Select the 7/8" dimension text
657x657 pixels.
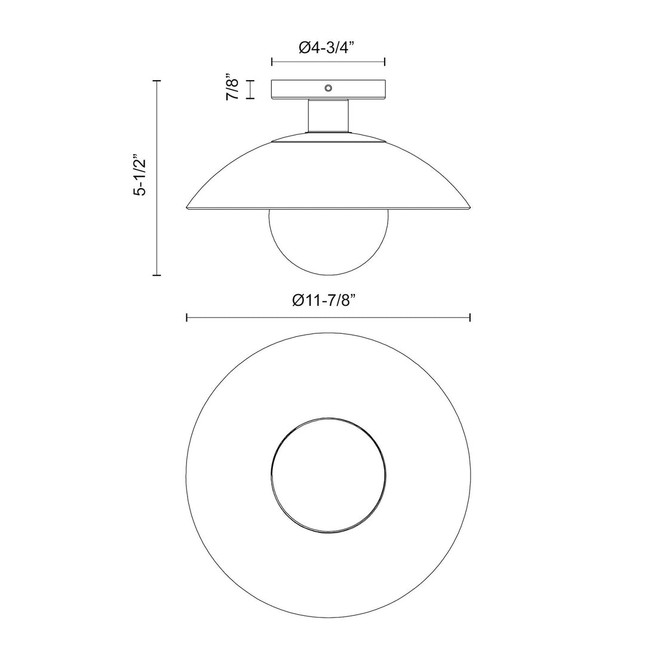[x=233, y=88]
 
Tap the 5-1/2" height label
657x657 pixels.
[x=139, y=177]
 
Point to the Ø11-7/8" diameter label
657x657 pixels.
[x=328, y=302]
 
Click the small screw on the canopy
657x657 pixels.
[x=327, y=88]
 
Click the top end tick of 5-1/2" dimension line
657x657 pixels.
[x=157, y=80]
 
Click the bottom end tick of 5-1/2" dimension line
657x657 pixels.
[x=157, y=275]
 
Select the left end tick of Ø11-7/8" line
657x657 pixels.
[x=187, y=318]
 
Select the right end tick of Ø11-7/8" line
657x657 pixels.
[x=471, y=318]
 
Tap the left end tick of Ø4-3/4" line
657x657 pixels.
[x=272, y=62]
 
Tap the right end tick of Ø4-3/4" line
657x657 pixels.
[x=385, y=62]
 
